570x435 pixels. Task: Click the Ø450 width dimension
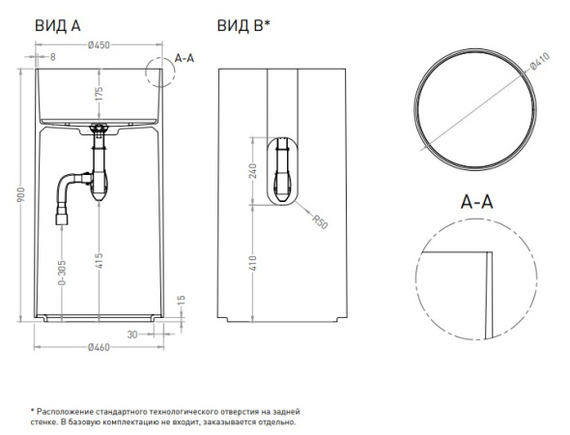click(99, 45)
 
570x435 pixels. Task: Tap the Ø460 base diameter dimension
click(99, 347)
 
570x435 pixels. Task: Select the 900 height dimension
click(20, 195)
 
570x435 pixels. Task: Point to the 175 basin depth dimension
click(99, 93)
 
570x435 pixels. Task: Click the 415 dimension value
click(99, 260)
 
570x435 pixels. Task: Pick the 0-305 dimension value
click(62, 273)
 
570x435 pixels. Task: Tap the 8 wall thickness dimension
click(53, 57)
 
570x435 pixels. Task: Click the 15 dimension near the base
click(182, 301)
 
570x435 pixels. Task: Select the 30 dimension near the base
click(132, 334)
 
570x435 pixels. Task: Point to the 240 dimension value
click(253, 171)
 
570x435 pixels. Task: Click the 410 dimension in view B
click(253, 263)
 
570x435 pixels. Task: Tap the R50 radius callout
click(320, 221)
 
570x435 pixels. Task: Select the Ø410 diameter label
click(540, 61)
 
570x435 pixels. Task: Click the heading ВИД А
click(58, 26)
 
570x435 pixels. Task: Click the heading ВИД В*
click(243, 26)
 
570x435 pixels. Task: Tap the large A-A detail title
click(476, 201)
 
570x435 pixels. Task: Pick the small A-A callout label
click(185, 58)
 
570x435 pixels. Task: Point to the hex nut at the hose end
click(62, 219)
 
